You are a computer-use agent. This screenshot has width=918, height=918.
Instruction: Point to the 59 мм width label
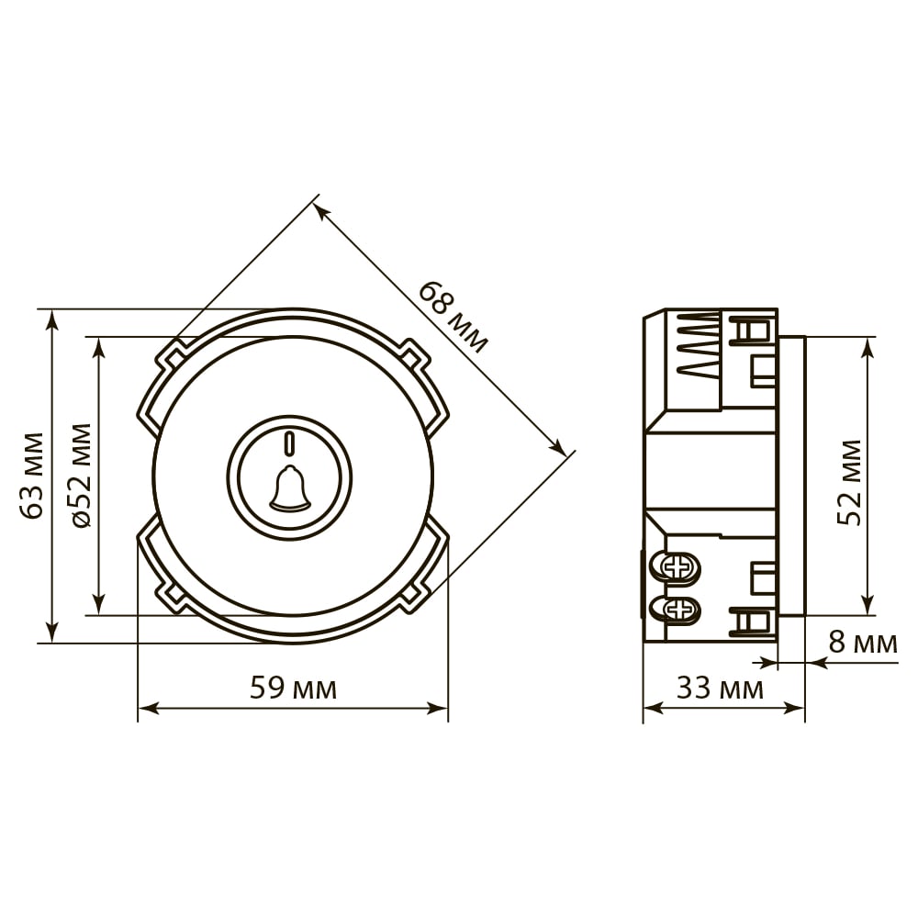coord(293,688)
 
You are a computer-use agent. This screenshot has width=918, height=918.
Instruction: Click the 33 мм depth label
coord(720,688)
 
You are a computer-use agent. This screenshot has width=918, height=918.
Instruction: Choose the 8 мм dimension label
coord(863,643)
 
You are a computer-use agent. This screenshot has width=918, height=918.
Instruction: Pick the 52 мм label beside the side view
coord(849,482)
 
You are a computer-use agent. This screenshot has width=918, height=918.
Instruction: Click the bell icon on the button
coord(289,487)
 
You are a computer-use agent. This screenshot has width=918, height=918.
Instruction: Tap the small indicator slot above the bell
coord(289,443)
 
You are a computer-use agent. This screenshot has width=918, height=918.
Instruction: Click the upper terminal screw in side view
coord(679,566)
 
